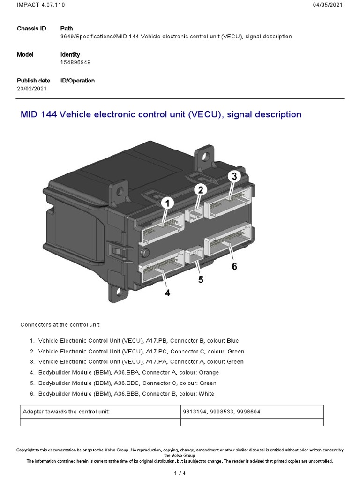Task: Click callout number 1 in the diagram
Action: point(167,203)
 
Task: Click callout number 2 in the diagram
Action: point(200,190)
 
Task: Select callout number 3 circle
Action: point(234,176)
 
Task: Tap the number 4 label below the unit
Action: point(167,293)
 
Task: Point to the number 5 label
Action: point(201,279)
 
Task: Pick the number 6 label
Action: point(234,266)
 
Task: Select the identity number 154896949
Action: point(75,62)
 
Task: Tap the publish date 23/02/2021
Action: point(32,89)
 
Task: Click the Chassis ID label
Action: point(31,29)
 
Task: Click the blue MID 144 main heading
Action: point(161,114)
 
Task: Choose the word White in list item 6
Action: point(206,394)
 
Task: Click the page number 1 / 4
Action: point(180,473)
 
